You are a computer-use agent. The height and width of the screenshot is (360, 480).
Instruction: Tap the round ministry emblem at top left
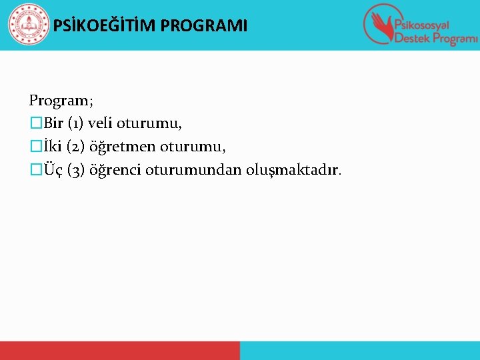tap(28, 25)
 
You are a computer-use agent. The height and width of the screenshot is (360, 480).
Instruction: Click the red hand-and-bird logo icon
tap(379, 24)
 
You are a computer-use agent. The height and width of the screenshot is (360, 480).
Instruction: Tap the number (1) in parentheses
tap(74, 123)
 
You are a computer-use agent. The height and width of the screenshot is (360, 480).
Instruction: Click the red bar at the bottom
tap(119, 351)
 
